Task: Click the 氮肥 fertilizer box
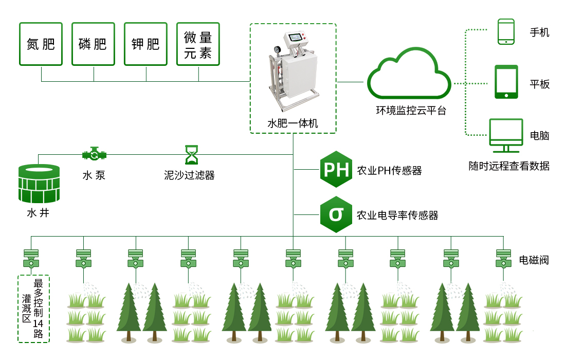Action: click(x=41, y=44)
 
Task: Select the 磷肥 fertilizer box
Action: click(x=93, y=44)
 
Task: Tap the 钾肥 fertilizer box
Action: click(x=145, y=44)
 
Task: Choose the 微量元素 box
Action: click(x=198, y=44)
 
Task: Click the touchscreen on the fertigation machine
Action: click(x=296, y=38)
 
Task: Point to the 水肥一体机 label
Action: click(x=293, y=123)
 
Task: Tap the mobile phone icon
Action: click(x=506, y=32)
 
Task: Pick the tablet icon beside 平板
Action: click(x=506, y=81)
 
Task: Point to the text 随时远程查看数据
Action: click(x=509, y=166)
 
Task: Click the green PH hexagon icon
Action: click(x=336, y=169)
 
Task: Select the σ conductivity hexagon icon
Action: click(x=336, y=214)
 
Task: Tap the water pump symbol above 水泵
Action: click(x=94, y=154)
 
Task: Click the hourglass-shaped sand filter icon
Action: click(x=191, y=154)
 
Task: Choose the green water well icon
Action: click(x=39, y=183)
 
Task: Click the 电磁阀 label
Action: click(x=534, y=260)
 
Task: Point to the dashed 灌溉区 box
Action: click(x=33, y=309)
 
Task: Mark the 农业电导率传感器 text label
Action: click(x=397, y=215)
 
